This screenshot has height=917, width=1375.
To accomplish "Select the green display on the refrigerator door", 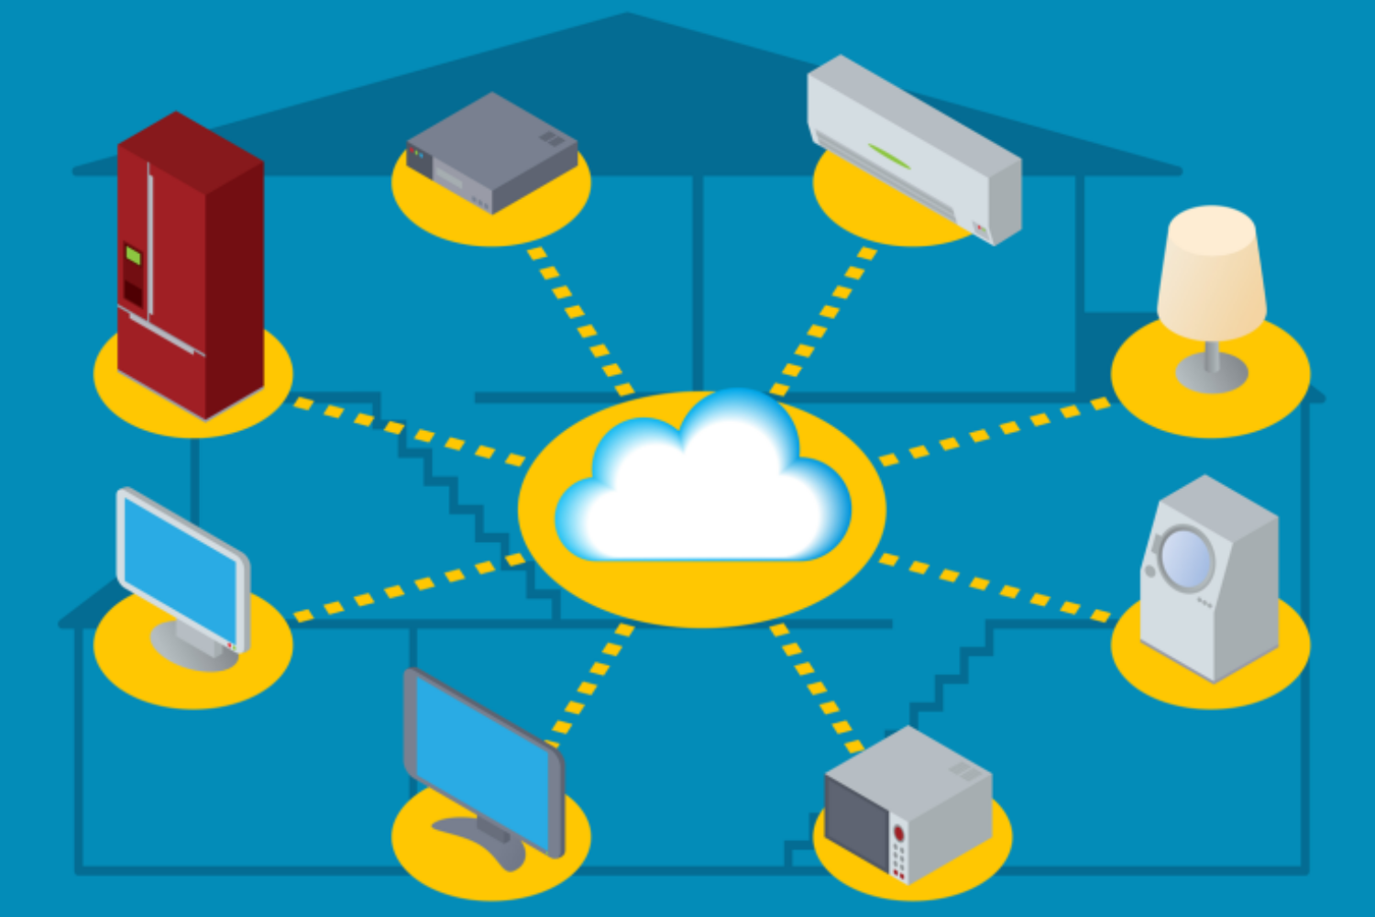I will pyautogui.click(x=133, y=255).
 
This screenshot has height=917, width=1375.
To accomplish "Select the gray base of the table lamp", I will pyautogui.click(x=1212, y=372).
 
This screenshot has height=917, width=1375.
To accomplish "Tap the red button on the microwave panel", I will pyautogui.click(x=899, y=834).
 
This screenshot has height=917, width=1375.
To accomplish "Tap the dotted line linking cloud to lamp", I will pyautogui.click(x=995, y=431).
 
